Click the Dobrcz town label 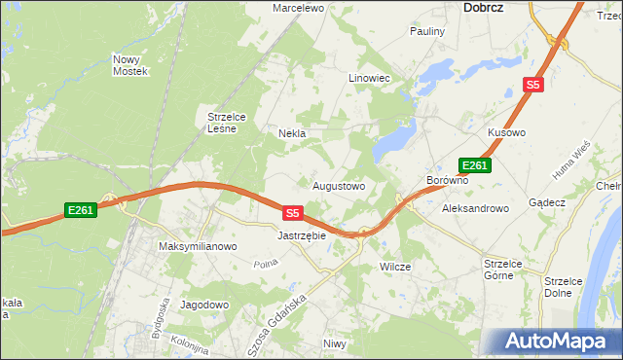476,8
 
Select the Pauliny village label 426,31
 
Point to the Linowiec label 369,78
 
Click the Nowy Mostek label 129,65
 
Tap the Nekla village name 292,133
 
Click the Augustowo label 338,185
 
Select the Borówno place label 448,181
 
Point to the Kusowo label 506,131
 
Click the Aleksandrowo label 475,208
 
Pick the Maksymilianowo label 198,247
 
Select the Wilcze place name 395,267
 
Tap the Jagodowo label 203,305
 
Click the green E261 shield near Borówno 475,166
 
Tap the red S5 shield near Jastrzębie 294,211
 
